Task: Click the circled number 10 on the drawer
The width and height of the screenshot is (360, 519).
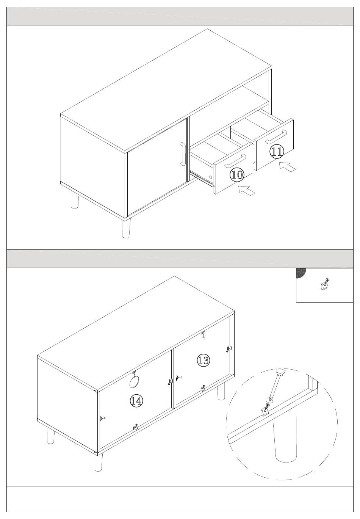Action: tap(237, 175)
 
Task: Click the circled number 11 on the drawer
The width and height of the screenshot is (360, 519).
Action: tap(277, 152)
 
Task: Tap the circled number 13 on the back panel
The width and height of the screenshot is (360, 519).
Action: tap(203, 360)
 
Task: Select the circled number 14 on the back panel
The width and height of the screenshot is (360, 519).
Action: tap(136, 400)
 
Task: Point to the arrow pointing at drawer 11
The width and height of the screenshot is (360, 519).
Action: tap(288, 167)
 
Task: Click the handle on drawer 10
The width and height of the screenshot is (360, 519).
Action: tap(235, 160)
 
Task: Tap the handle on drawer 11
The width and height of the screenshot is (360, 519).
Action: tap(275, 137)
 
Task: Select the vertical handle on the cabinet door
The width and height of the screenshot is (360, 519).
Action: tap(183, 154)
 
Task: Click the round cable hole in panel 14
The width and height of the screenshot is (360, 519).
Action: tap(134, 382)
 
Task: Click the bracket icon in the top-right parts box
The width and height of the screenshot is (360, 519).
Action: tap(324, 285)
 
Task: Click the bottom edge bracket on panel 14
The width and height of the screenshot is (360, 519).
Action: tap(136, 427)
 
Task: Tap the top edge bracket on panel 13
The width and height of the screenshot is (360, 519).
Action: tap(203, 334)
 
